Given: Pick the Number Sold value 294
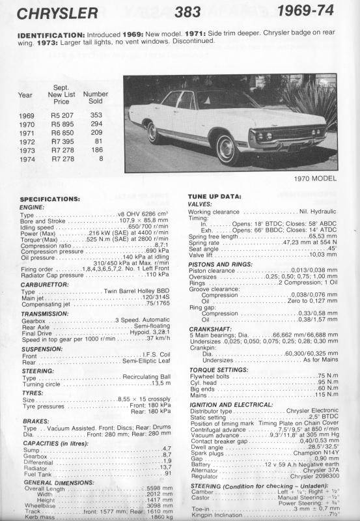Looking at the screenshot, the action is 96,123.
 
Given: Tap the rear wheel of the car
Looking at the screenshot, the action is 154,132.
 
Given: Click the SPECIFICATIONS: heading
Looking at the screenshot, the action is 50,199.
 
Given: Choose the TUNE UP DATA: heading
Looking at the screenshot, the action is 215,196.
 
